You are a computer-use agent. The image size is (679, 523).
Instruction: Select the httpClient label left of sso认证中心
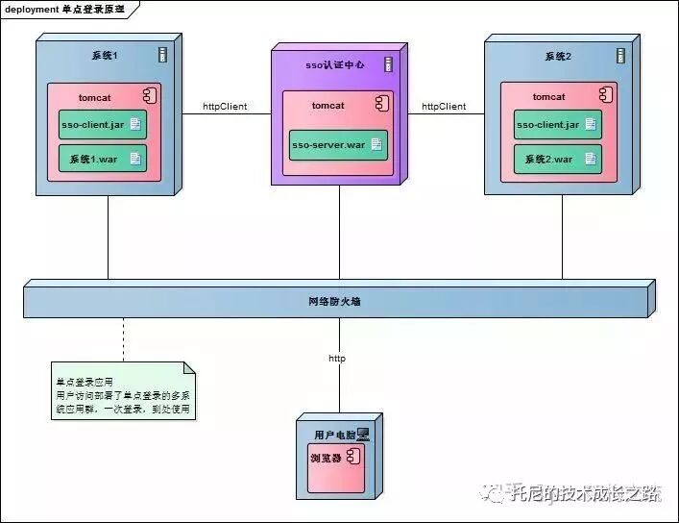(225, 107)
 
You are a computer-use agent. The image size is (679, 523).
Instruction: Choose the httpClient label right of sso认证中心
(444, 107)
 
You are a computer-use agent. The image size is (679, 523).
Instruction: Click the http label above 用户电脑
(337, 359)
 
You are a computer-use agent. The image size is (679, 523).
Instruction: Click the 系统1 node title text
(104, 56)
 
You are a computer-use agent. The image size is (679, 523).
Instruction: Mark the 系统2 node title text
(556, 56)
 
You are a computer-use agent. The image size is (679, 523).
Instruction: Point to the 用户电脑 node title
(333, 436)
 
